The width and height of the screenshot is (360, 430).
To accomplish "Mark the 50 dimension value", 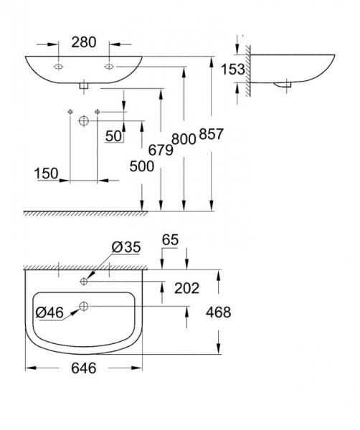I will (113, 135).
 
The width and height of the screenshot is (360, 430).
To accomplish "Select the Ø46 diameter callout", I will (49, 312).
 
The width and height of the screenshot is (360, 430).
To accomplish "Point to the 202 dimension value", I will (187, 288).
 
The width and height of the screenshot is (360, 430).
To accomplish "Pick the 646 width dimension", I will (83, 368).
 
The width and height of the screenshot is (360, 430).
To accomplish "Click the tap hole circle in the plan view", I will (85, 280).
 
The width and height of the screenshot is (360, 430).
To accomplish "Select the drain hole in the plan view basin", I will (85, 307).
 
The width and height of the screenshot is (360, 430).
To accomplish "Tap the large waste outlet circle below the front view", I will (83, 120).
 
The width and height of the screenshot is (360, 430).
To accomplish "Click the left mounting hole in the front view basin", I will (57, 66).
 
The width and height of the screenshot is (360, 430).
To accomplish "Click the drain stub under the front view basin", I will (83, 85).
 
